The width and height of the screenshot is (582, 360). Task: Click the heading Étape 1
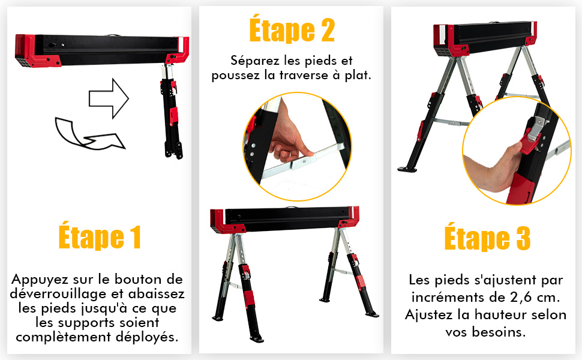point(100,236)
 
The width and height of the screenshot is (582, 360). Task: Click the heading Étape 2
point(292,29)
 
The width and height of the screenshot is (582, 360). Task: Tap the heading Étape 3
point(487,238)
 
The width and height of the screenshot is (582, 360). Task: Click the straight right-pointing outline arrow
point(109,99)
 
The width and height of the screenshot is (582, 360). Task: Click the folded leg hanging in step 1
point(171,112)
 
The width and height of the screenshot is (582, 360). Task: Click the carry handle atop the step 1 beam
point(113,35)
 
